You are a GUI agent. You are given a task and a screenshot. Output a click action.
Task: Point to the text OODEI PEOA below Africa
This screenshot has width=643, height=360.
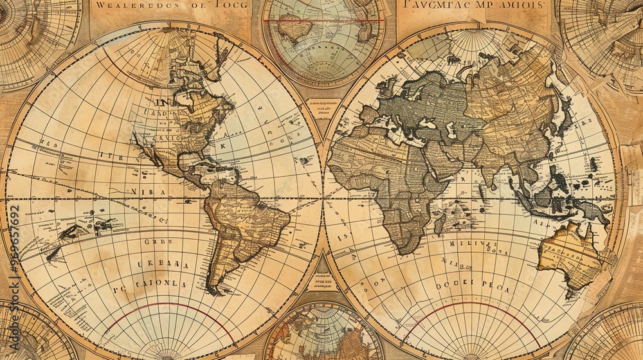click(x=473, y=289)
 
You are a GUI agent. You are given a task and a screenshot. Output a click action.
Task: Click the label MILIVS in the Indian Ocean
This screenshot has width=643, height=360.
click(x=473, y=244)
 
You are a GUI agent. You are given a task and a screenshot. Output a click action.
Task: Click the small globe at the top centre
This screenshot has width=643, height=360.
click(x=323, y=39)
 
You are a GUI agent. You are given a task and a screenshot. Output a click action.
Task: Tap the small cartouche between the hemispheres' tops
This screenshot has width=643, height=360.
click(x=323, y=110)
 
